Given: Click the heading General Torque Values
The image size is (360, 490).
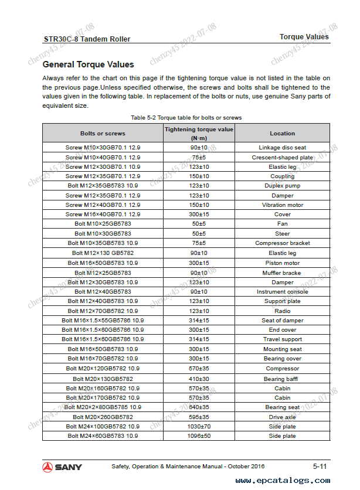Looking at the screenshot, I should click(x=88, y=64).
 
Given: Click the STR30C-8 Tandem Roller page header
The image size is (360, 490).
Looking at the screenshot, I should click(x=87, y=39).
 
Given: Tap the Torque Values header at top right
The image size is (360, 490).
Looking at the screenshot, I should click(x=304, y=37).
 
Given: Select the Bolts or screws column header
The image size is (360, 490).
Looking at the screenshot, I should click(x=103, y=133).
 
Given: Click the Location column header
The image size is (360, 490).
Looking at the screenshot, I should click(x=282, y=133).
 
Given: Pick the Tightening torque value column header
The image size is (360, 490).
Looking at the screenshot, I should click(x=199, y=133).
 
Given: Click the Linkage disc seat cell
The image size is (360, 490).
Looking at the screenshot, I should click(x=282, y=148).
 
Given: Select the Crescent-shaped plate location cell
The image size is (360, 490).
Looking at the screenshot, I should click(x=282, y=157).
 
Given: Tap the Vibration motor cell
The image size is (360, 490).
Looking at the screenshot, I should click(x=282, y=205).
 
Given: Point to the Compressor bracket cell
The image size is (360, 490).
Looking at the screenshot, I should click(x=282, y=243).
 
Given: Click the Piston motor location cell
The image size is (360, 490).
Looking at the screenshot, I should click(x=282, y=263).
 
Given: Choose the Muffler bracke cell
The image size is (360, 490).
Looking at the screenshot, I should click(x=282, y=273).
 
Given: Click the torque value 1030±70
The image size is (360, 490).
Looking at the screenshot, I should click(x=199, y=426).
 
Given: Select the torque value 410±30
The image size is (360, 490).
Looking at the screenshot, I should click(x=199, y=379).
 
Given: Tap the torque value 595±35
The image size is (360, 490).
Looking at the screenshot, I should click(x=199, y=417).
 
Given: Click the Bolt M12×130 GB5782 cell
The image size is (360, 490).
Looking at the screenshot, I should click(x=103, y=253).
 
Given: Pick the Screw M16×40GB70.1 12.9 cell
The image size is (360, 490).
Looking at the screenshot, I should click(x=103, y=215).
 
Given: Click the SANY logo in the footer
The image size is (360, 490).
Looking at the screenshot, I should click(x=62, y=467).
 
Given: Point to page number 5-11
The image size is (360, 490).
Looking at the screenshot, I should click(x=320, y=467).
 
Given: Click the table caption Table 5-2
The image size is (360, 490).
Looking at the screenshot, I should click(x=186, y=118).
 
